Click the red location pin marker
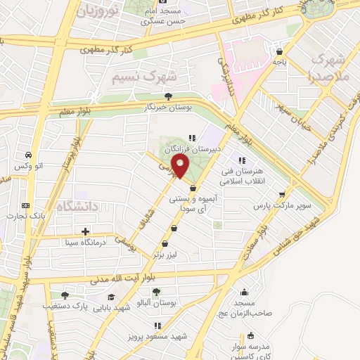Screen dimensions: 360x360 click(181, 167)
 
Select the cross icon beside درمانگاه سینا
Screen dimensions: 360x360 click(85, 231)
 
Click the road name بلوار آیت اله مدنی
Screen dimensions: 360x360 click(125, 279)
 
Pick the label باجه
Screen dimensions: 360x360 click(280, 62)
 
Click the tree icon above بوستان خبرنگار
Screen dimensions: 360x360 click(167, 96)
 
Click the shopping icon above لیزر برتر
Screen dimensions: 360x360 click(174, 228)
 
